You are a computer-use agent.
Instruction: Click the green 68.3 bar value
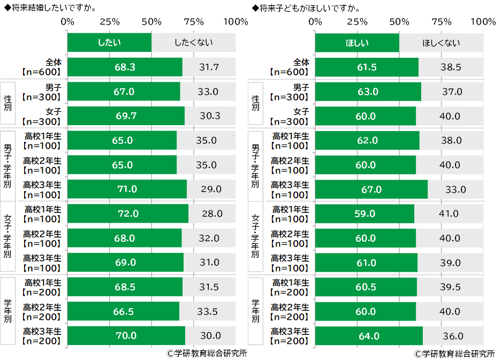pos(125,67)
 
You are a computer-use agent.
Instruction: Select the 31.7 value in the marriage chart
pos(209,67)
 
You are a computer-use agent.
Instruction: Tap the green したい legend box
pos(109,43)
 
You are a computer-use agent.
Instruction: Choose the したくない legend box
pos(193,43)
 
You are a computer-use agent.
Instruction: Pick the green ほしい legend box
pos(357,43)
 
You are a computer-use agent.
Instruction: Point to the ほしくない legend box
pos(441,43)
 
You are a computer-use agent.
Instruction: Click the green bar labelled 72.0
pos(128,213)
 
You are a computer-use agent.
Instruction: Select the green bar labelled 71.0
pos(127,189)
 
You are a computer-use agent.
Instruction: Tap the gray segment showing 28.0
pos(212,213)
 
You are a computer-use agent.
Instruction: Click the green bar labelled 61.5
pos(367,67)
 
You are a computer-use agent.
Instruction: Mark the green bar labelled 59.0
pos(364,213)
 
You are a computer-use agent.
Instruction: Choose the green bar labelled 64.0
pos(369,336)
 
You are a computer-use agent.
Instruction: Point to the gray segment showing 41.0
pos(448,213)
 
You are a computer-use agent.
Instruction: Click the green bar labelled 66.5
pos(123,311)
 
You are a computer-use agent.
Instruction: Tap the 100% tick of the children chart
pos(483,22)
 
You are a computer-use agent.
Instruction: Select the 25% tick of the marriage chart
pos(110,22)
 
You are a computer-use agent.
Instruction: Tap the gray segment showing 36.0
pos(453,336)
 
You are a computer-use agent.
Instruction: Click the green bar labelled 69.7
pos(126,116)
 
